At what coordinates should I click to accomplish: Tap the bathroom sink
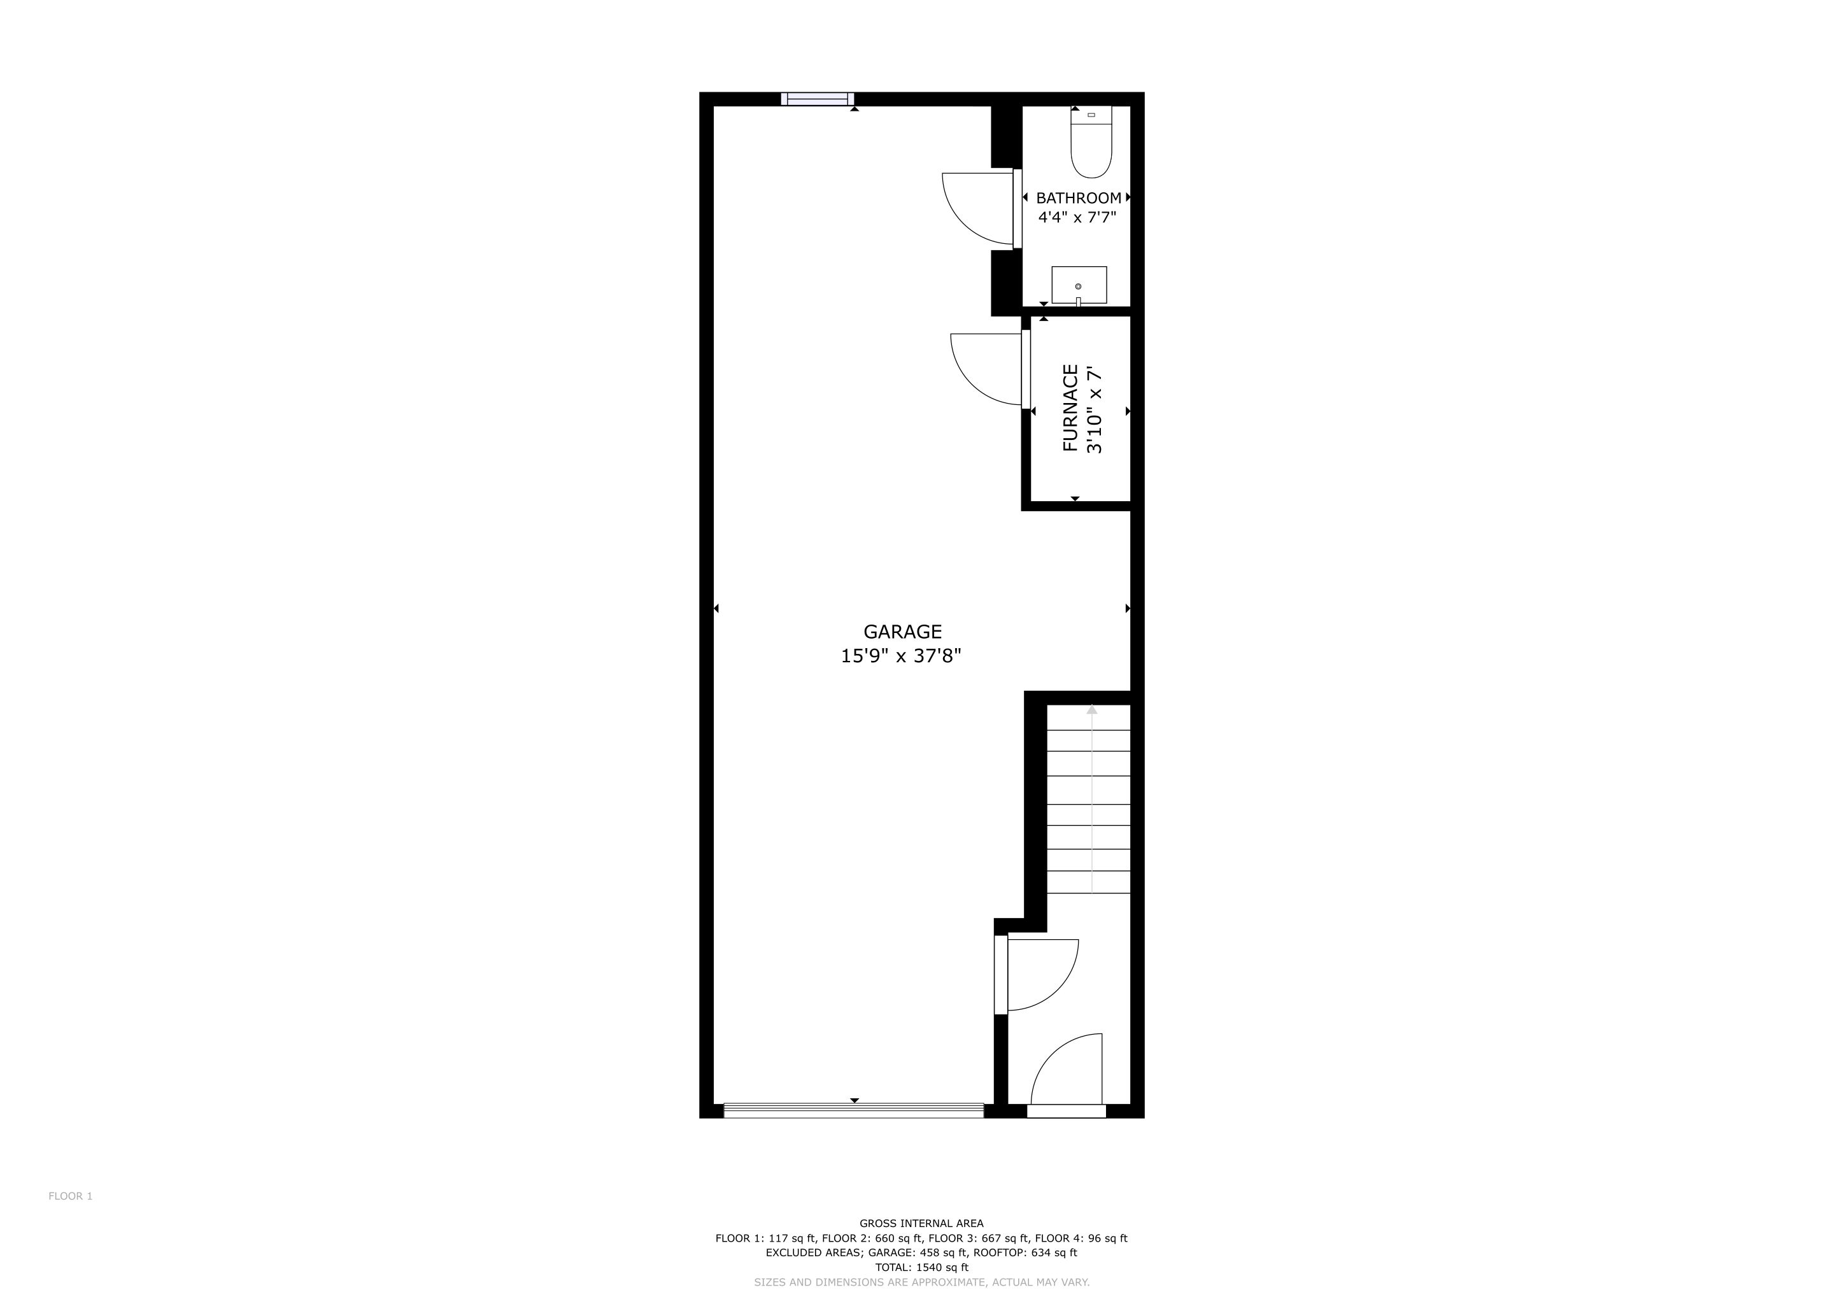(x=1079, y=285)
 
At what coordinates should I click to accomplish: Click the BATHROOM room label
(x=1079, y=197)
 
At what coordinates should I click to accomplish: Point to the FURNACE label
(x=1070, y=408)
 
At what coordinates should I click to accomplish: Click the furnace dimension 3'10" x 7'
(x=1094, y=410)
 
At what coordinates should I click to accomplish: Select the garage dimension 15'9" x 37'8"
(x=901, y=656)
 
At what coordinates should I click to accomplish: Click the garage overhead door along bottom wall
(x=854, y=1110)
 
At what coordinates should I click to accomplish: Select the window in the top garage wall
(x=818, y=99)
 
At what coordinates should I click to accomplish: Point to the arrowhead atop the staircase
(x=1091, y=709)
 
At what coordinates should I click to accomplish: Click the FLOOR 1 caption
(x=71, y=1196)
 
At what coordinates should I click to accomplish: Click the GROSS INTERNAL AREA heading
(x=921, y=1224)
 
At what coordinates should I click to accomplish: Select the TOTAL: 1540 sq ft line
(x=921, y=1267)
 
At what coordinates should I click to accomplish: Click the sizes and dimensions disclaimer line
(x=921, y=1282)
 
